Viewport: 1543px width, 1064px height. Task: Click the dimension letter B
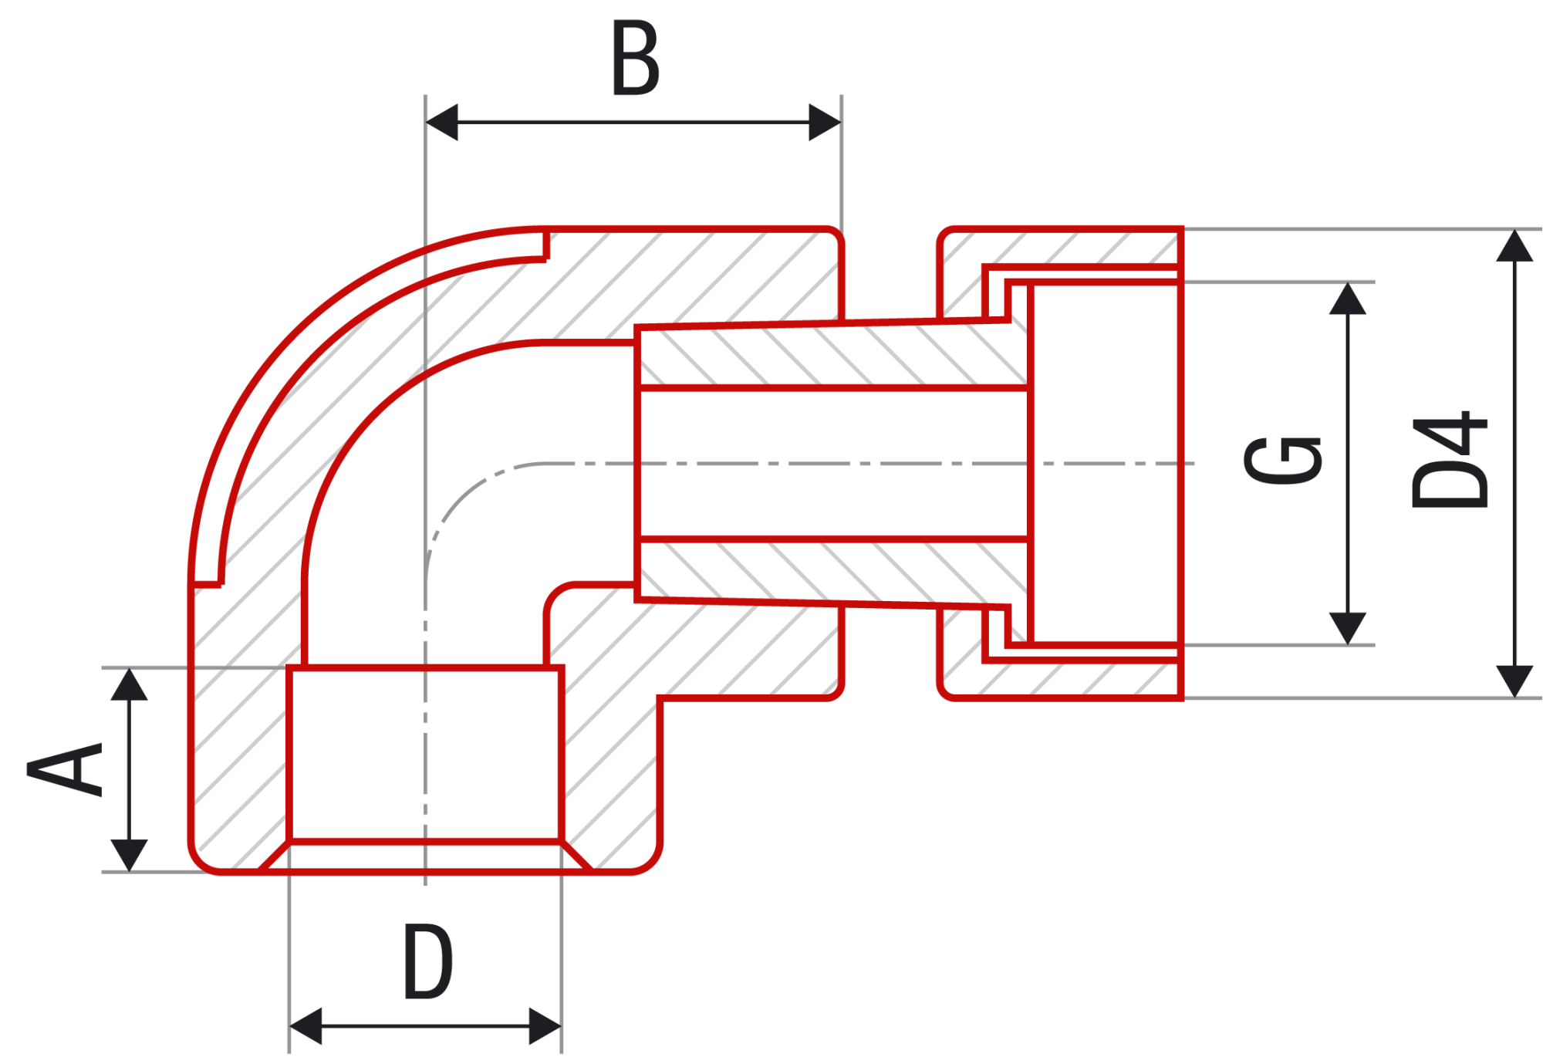636,58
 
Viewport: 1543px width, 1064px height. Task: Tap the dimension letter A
65,768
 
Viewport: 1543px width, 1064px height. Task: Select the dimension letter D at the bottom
428,961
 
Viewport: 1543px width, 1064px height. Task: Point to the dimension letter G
1284,461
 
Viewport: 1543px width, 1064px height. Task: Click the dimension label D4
1450,459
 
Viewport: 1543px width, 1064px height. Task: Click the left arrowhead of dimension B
442,122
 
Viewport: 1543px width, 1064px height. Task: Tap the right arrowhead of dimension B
825,122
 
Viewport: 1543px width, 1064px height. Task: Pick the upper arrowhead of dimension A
129,684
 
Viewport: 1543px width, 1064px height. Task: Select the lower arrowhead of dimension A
129,856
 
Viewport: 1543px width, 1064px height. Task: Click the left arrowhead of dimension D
306,1026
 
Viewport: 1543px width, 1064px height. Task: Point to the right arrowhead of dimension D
545,1026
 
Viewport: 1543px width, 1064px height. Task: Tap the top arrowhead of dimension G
1348,299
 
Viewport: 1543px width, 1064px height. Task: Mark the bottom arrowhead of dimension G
1348,629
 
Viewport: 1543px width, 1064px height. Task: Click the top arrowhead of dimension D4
1515,245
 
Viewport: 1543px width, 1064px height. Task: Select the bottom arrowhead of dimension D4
1515,682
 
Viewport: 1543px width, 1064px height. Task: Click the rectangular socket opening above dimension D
425,754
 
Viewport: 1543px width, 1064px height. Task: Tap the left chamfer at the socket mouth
273,856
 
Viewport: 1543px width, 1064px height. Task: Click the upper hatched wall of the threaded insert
833,356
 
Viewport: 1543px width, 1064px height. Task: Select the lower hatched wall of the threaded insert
833,572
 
